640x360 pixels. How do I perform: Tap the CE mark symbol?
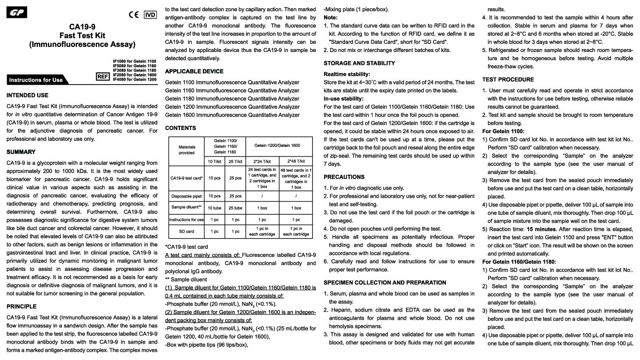pyautogui.click(x=134, y=15)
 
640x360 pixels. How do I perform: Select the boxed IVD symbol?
pyautogui.click(x=150, y=15)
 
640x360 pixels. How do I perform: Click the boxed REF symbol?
pyautogui.click(x=103, y=76)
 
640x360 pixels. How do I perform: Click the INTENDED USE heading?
pyautogui.click(x=28, y=95)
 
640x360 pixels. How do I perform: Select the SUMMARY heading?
pyautogui.click(x=21, y=152)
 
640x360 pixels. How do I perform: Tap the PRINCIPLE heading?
pyautogui.click(x=21, y=306)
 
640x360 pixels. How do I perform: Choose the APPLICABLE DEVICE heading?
pyautogui.click(x=194, y=71)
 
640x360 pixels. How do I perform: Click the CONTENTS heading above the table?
pyautogui.click(x=180, y=128)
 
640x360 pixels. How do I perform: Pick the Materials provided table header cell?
pyautogui.click(x=186, y=149)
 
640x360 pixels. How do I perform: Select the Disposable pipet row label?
pyautogui.click(x=186, y=196)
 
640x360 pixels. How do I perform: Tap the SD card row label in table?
pyautogui.click(x=186, y=231)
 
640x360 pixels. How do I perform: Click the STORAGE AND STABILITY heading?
pyautogui.click(x=359, y=63)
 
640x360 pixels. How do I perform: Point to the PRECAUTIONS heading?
pyautogui.click(x=344, y=177)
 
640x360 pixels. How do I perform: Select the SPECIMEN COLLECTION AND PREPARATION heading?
pyautogui.click(x=385, y=282)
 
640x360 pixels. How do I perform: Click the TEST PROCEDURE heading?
pyautogui.click(x=508, y=80)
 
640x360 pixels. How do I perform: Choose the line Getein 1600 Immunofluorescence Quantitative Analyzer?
pyautogui.click(x=232, y=115)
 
